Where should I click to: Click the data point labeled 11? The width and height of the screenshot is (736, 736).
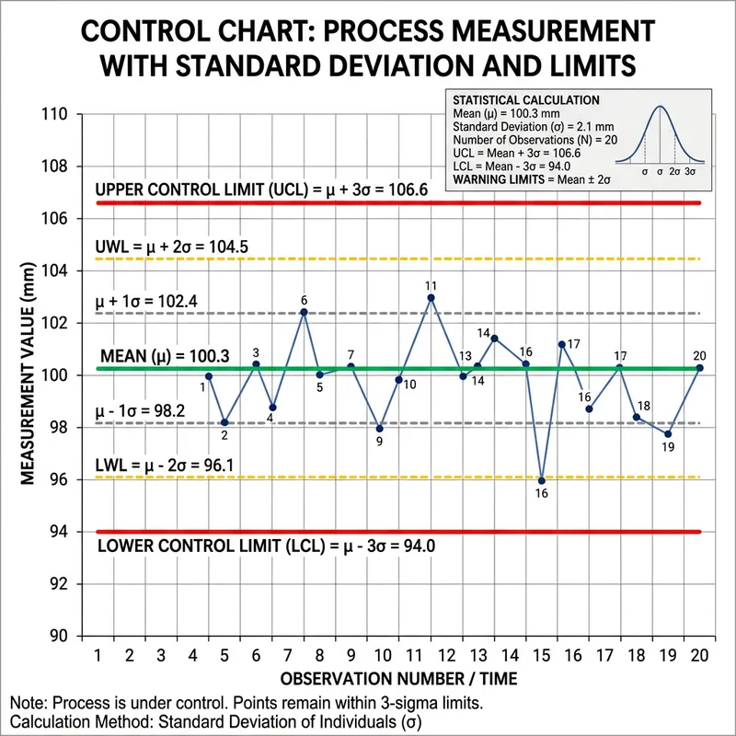pyautogui.click(x=431, y=297)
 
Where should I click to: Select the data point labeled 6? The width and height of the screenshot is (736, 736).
pyautogui.click(x=304, y=312)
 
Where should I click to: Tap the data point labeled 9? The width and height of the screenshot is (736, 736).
pyautogui.click(x=380, y=429)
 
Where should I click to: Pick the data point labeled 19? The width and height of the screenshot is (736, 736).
pyautogui.click(x=668, y=434)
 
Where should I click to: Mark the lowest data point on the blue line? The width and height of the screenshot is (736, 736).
pyautogui.click(x=541, y=480)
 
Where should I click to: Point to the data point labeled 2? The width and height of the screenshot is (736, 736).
pyautogui.click(x=224, y=422)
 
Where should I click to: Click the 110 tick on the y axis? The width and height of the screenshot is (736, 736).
pyautogui.click(x=62, y=114)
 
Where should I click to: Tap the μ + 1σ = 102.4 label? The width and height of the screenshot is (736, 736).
pyautogui.click(x=157, y=301)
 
